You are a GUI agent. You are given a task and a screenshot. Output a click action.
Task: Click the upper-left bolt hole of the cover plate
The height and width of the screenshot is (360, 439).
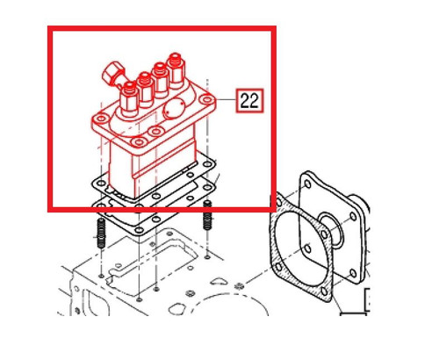(x=306, y=186)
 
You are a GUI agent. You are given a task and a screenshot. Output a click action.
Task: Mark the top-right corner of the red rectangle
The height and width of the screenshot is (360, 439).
(x=274, y=28)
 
